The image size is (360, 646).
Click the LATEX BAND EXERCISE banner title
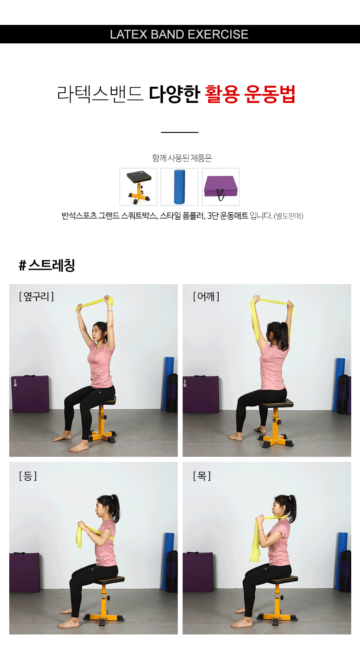coord(179,34)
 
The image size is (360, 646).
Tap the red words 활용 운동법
coord(250,94)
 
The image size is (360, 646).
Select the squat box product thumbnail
coord(138,187)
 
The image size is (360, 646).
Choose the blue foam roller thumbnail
coord(180,187)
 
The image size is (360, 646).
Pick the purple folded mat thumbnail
coord(221,187)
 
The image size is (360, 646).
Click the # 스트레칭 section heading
coord(47,265)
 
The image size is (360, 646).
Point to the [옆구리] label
coord(36,296)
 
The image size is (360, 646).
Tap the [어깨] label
coord(206,296)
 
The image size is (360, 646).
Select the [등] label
coord(28,476)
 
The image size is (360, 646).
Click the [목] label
coord(202,476)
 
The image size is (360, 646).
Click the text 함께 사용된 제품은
coord(182,158)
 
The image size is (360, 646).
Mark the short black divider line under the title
coord(180,132)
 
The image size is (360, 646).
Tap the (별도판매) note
coord(288,216)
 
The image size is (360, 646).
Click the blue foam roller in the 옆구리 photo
coord(168,383)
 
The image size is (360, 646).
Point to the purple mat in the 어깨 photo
coord(201,394)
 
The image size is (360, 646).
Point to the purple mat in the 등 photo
coord(24,572)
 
